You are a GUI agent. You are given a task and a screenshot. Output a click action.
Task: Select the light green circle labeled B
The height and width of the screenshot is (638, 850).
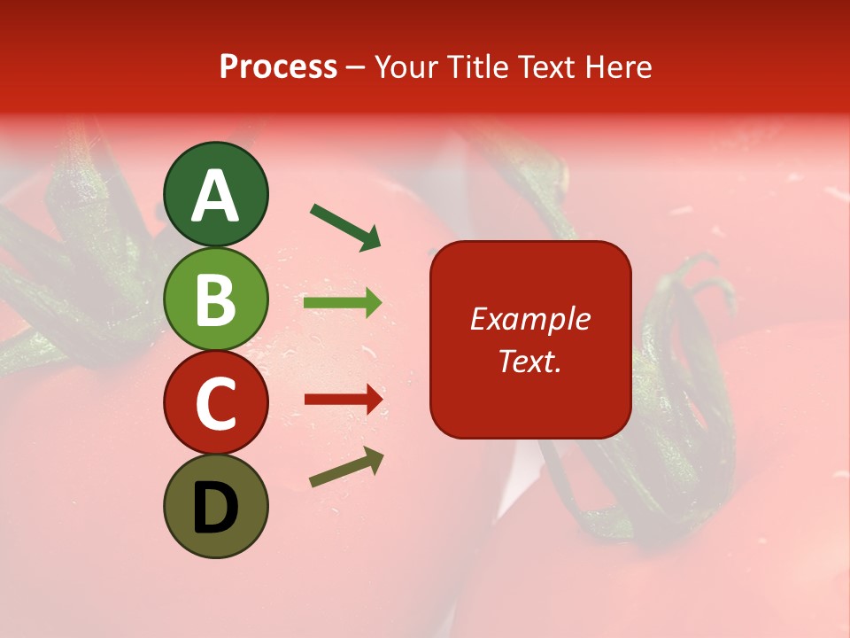[x=215, y=299]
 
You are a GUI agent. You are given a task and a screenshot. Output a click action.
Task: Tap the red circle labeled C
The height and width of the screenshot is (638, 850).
[x=215, y=403]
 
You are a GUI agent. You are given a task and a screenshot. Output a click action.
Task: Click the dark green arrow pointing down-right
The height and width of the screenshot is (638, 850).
[x=345, y=227]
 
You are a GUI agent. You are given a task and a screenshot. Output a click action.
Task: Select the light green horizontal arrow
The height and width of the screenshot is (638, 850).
[x=343, y=304]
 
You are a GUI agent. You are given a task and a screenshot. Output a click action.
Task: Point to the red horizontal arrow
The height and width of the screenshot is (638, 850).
[x=344, y=400]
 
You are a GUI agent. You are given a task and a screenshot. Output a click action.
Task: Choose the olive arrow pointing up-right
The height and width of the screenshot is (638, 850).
[x=346, y=467]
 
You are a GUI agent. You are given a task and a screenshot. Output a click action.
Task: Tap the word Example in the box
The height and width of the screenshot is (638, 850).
[x=530, y=319]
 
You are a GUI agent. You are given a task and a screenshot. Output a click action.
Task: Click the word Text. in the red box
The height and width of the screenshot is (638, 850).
[x=530, y=362]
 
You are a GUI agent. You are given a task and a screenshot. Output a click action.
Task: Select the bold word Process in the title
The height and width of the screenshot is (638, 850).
[x=278, y=66]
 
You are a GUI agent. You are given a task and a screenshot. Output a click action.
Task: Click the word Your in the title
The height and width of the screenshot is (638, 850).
[x=408, y=66]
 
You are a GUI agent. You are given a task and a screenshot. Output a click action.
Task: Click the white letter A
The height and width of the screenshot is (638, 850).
[x=215, y=196]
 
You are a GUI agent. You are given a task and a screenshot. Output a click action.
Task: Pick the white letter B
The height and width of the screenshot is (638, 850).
[x=215, y=300]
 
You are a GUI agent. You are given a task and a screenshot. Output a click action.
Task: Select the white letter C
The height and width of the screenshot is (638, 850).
[x=215, y=405]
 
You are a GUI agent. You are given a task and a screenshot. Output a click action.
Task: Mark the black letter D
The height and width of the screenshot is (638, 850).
[x=215, y=509]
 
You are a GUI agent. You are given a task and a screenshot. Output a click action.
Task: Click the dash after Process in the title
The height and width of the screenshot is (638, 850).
[x=356, y=67]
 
